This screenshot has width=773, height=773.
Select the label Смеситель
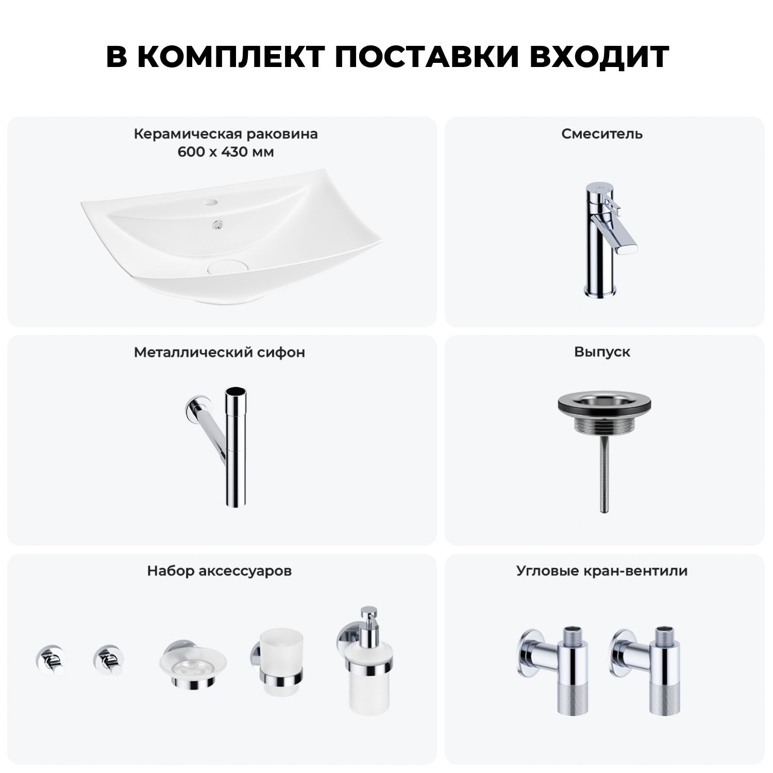pos(602,134)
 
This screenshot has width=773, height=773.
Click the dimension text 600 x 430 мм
pos(225,153)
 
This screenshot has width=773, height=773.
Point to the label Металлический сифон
pos(220,352)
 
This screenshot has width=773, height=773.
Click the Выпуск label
pos(602,352)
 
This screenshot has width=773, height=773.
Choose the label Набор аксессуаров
pos(220,571)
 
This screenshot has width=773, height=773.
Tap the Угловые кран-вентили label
pos(602,571)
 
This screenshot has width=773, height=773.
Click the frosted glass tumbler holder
pos(277,662)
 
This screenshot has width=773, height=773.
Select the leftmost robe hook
pos(51,660)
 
